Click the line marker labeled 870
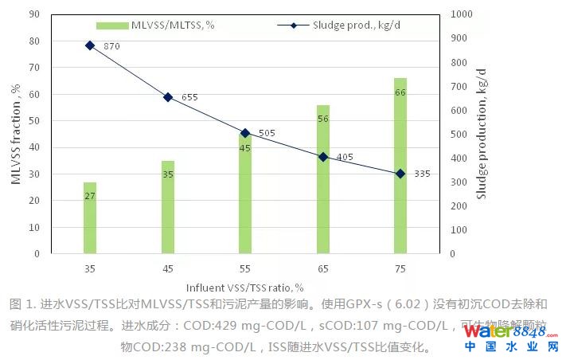[x=90, y=45]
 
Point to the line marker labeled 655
[x=168, y=97]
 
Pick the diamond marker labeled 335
[x=400, y=174]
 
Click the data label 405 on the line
[x=345, y=158]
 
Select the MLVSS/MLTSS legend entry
[x=159, y=25]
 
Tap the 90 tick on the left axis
[x=34, y=14]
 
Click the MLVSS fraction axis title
[x=15, y=134]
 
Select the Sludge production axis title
[x=481, y=134]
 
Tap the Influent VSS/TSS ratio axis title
[x=245, y=287]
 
